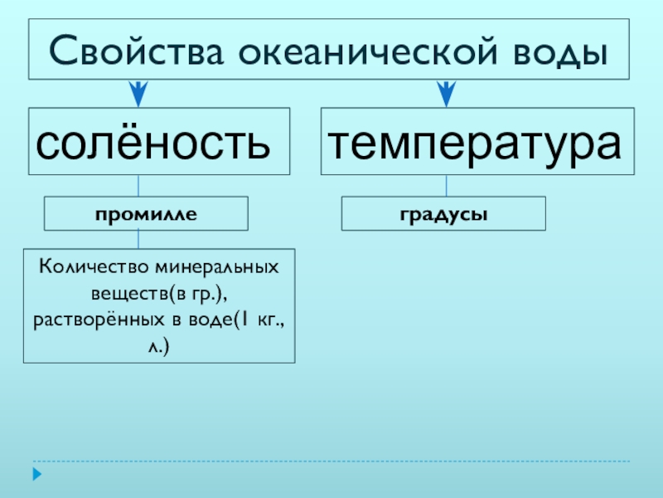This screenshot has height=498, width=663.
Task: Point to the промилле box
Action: pos(146,213)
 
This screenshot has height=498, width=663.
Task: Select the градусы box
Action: pos(444,213)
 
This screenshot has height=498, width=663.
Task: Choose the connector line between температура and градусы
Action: pos(447,185)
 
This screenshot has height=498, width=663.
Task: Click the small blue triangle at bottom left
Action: pos(36,475)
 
